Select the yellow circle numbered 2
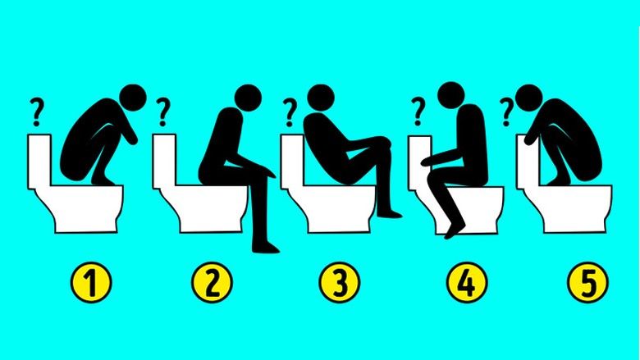tap(212, 284)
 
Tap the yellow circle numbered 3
tap(336, 284)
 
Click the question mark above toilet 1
tap(36, 109)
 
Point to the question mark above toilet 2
tap(163, 109)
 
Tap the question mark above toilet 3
tap(290, 109)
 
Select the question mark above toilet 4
tap(418, 108)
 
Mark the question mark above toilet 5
tap(508, 108)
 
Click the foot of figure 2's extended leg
tap(267, 247)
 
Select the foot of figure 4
tap(452, 232)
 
